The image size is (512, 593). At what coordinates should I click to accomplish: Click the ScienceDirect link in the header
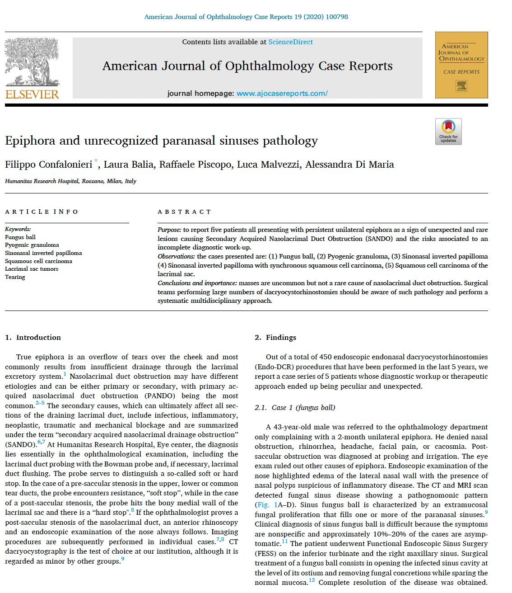tap(290, 42)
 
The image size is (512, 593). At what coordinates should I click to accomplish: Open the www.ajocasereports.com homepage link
tap(282, 94)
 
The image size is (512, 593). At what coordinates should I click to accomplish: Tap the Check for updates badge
tap(448, 132)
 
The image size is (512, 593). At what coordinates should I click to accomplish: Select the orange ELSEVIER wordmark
tap(32, 94)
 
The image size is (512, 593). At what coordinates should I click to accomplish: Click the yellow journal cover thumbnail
tap(461, 65)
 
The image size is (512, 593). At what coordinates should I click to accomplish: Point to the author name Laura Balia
tap(129, 165)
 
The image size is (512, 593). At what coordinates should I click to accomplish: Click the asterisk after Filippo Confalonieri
tap(96, 161)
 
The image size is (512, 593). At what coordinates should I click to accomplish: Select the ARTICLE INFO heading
tap(42, 212)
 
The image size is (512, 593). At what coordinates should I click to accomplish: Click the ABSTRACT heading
tap(184, 212)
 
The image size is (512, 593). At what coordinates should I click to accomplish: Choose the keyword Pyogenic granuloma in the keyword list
tap(32, 245)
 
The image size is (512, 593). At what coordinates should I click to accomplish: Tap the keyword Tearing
tap(15, 277)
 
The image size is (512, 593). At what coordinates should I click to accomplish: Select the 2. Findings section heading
tap(275, 338)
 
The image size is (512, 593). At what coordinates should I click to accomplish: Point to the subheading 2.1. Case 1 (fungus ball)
tap(295, 408)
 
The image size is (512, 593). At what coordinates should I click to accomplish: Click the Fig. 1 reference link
tap(266, 505)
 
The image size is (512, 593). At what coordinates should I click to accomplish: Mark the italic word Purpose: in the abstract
tap(169, 230)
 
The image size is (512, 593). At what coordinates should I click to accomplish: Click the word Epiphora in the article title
tap(30, 141)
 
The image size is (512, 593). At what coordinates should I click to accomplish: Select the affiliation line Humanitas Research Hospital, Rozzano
tap(70, 181)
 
